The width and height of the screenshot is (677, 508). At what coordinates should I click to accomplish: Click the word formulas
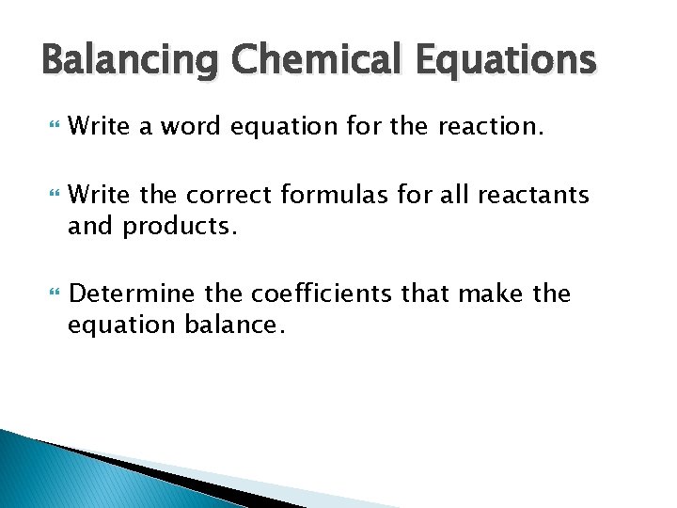coord(325,196)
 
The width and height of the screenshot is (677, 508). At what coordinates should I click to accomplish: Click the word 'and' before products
coord(90,225)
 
